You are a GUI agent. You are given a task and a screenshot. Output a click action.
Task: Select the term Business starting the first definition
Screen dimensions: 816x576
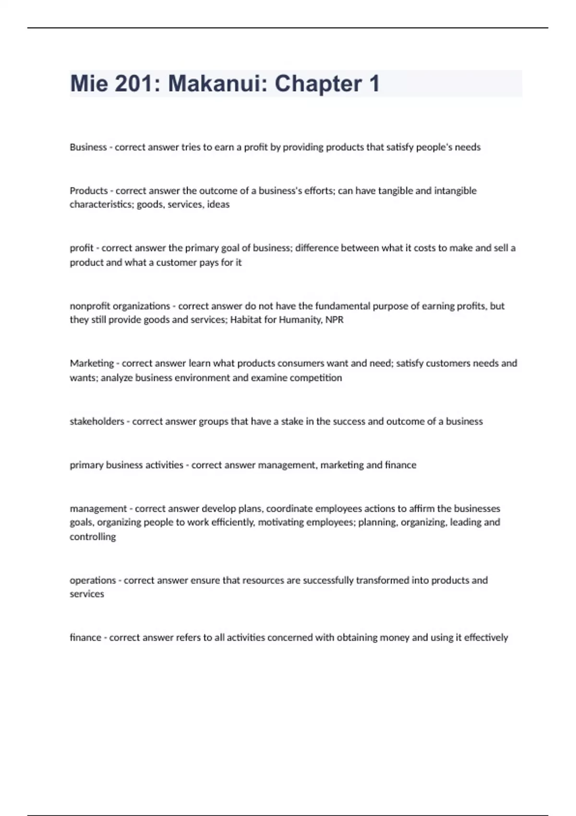pos(88,147)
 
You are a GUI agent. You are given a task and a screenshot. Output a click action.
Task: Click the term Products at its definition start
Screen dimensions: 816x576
pos(89,191)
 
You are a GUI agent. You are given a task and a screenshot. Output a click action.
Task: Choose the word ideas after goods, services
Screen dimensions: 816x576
pos(218,204)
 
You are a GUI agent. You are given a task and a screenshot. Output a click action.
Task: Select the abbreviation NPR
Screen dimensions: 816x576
pos(335,320)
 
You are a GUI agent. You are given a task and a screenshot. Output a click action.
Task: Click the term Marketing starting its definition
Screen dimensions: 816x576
pos(92,363)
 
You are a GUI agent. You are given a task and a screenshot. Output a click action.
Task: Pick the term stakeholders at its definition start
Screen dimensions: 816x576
pos(96,421)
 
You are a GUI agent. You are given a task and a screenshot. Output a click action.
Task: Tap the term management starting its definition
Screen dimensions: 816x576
pos(98,508)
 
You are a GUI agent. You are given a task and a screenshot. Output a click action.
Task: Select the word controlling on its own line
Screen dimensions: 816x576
pos(93,537)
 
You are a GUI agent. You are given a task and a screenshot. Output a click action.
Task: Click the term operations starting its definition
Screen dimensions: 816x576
pos(93,580)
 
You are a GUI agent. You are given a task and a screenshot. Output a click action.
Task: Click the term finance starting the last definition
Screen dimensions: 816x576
pos(85,638)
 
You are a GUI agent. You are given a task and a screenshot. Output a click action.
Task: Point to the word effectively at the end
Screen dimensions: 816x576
pos(486,638)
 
